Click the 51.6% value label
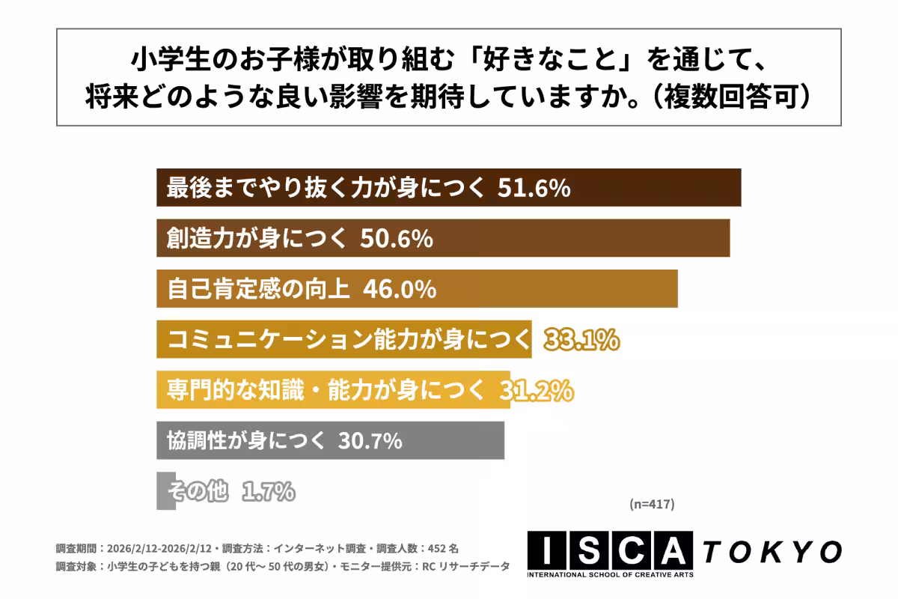(534, 188)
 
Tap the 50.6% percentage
(397, 239)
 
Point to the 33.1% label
(581, 340)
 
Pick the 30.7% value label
(370, 441)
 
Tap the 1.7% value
(268, 491)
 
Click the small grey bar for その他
(165, 491)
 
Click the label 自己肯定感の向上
(258, 289)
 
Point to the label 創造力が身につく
(257, 239)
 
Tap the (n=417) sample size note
(652, 505)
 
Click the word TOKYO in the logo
(772, 552)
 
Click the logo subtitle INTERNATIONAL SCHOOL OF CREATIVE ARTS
(610, 575)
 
